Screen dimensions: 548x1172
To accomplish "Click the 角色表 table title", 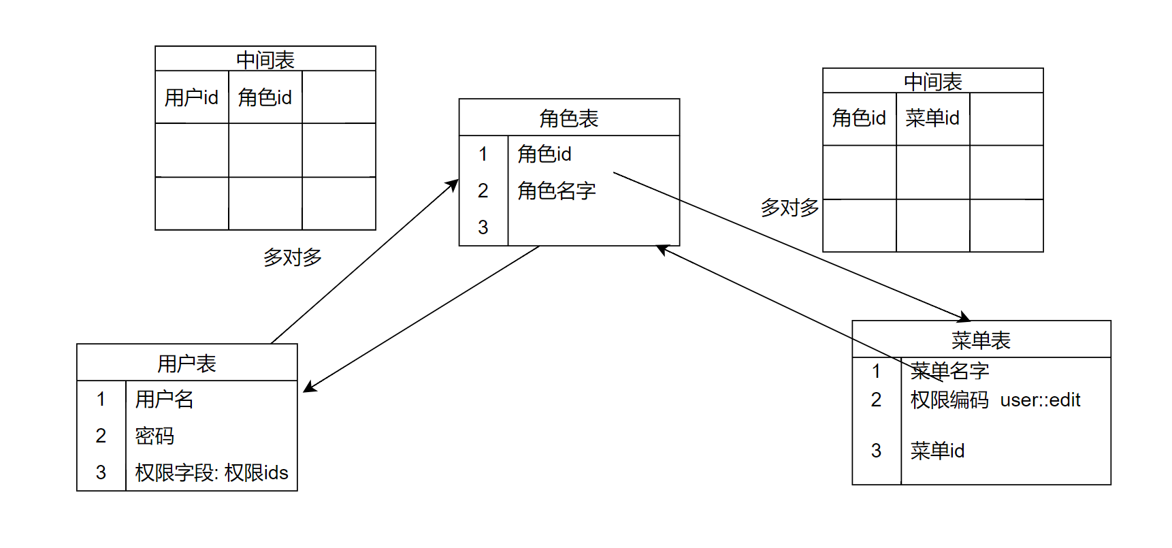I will coord(568,118).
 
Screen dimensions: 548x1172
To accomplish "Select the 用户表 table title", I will coord(186,364).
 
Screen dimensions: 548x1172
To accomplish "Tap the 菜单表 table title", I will coord(981,340).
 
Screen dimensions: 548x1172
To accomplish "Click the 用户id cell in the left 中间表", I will coord(191,97).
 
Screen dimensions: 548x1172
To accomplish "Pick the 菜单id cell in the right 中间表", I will coord(932,118).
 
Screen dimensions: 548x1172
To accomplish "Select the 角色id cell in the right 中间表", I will coord(859,118).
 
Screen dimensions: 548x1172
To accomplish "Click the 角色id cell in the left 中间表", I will coord(265,97).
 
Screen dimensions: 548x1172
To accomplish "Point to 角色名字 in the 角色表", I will coord(556,191).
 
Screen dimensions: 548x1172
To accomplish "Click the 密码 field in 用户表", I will coord(154,436).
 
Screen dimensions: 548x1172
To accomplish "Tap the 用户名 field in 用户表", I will coord(164,399).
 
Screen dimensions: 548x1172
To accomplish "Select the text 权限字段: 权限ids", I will coord(212,472).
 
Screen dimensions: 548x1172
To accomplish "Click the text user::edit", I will coord(1040,400).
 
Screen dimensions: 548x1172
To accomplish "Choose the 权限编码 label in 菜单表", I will coord(949,400).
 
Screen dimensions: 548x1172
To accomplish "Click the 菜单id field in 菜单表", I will coord(937,451).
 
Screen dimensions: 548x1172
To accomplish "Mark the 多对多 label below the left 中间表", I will coord(293,257).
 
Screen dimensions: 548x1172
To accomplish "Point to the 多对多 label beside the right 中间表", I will coord(790,208).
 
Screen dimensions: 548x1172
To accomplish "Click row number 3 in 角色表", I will coord(483,227).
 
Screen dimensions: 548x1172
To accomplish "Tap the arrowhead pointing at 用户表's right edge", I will coord(308,389).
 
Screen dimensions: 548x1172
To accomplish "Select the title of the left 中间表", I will coord(265,60).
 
